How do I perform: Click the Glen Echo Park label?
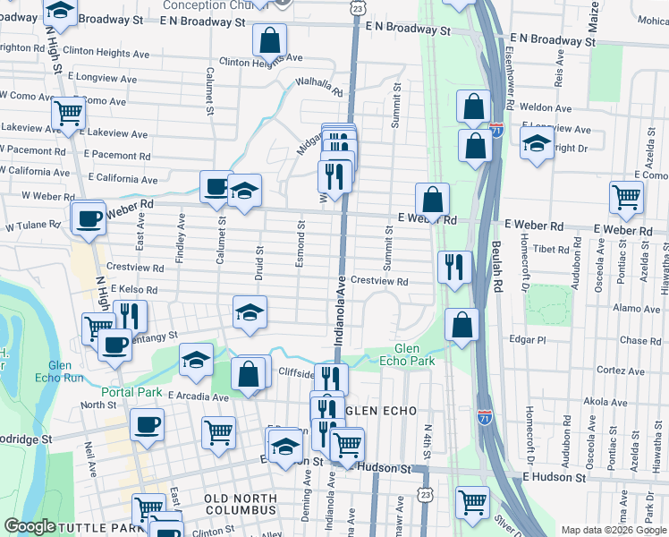pos(414,354)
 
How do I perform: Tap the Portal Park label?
pos(131,392)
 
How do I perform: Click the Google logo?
pos(30,525)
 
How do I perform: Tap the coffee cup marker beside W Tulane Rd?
pos(89,217)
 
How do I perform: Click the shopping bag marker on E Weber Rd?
pos(432,200)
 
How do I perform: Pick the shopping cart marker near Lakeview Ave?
pos(68,114)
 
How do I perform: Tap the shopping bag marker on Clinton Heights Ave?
pos(268,39)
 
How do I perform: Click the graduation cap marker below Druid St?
pos(250,311)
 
